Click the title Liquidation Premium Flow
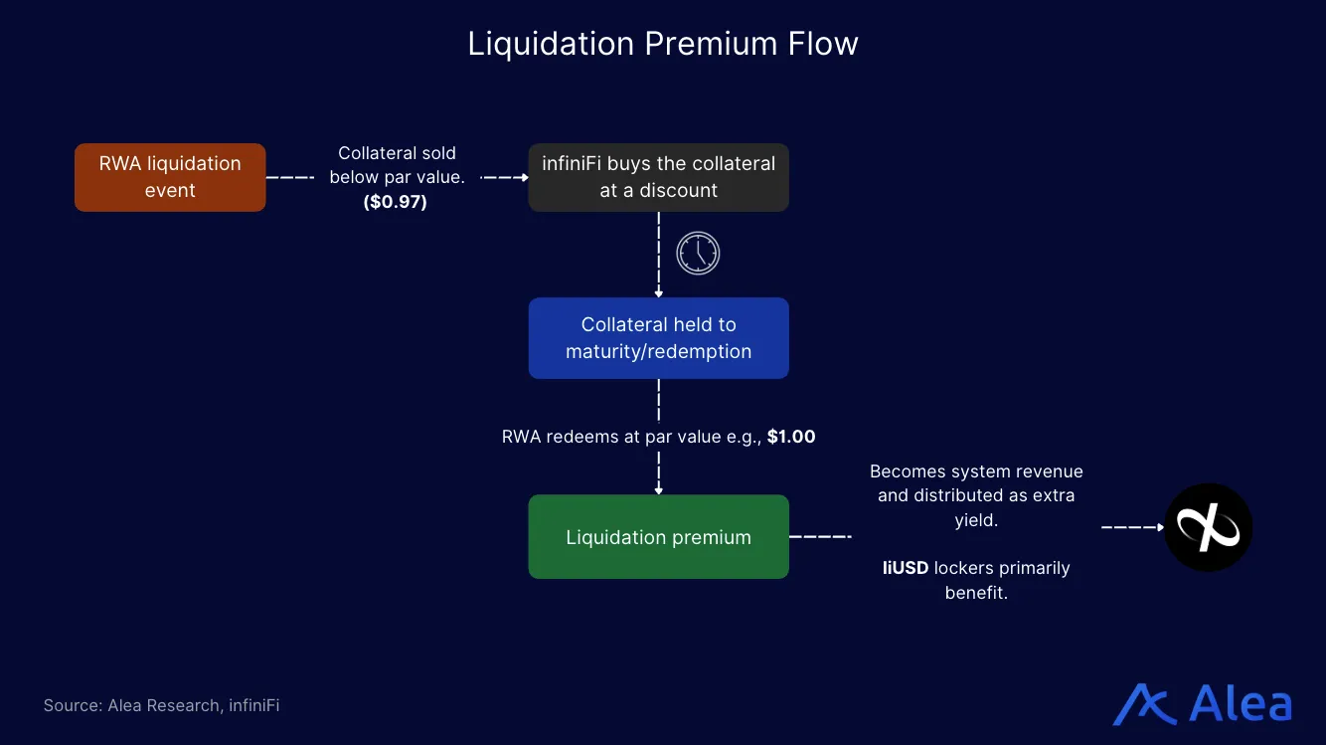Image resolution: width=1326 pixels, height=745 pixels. tap(662, 44)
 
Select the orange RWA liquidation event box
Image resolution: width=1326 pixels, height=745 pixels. tap(170, 177)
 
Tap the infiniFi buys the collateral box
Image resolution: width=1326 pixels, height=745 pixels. tap(658, 177)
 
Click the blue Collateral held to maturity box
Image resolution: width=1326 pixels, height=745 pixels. tap(658, 338)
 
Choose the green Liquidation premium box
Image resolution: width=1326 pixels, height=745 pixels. tap(658, 537)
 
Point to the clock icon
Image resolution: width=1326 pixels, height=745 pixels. tap(698, 253)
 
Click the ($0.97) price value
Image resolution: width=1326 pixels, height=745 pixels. tap(395, 203)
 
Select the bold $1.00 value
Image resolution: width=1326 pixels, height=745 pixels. tap(791, 437)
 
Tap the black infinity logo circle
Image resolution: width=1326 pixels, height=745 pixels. tap(1208, 527)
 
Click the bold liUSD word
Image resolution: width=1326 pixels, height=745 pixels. tap(906, 568)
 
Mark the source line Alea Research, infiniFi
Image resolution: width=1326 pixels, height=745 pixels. tap(161, 705)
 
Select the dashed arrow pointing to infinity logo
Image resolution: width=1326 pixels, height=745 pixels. tap(1133, 527)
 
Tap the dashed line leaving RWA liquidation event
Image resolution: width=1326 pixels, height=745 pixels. tap(290, 177)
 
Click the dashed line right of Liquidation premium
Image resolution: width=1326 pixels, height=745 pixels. tap(820, 537)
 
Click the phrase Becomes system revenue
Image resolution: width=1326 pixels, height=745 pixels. tap(976, 471)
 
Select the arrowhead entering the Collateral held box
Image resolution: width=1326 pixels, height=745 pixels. tap(658, 293)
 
